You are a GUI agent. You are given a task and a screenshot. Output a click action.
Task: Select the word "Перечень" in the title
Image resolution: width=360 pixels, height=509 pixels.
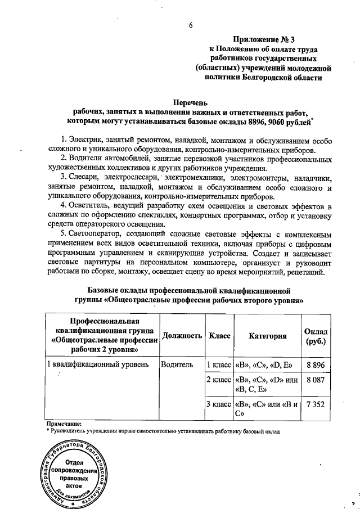pos(191,102)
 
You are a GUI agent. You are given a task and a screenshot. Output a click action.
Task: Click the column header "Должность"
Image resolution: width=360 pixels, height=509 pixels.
pos(182,336)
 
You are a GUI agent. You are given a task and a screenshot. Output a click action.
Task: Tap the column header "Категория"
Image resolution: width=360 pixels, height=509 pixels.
pos(267,336)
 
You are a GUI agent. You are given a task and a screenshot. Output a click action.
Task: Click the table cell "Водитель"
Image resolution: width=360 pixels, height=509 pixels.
pos(177,364)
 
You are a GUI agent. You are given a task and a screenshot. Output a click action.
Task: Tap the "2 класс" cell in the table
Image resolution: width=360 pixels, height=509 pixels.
pos(219,381)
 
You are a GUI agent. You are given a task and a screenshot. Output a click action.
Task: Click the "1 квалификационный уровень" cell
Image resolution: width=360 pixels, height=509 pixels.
pos(97,364)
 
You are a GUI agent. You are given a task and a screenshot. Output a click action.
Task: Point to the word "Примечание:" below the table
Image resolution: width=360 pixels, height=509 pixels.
pos(63,424)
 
